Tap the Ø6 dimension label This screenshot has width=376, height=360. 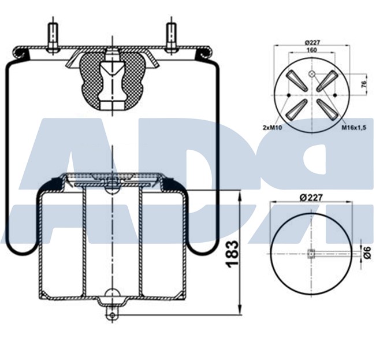pos(366,252)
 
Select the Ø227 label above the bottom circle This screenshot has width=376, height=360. pos(311,197)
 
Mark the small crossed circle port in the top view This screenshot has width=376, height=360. pos(312,74)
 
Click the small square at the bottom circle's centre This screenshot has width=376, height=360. pos(311,253)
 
